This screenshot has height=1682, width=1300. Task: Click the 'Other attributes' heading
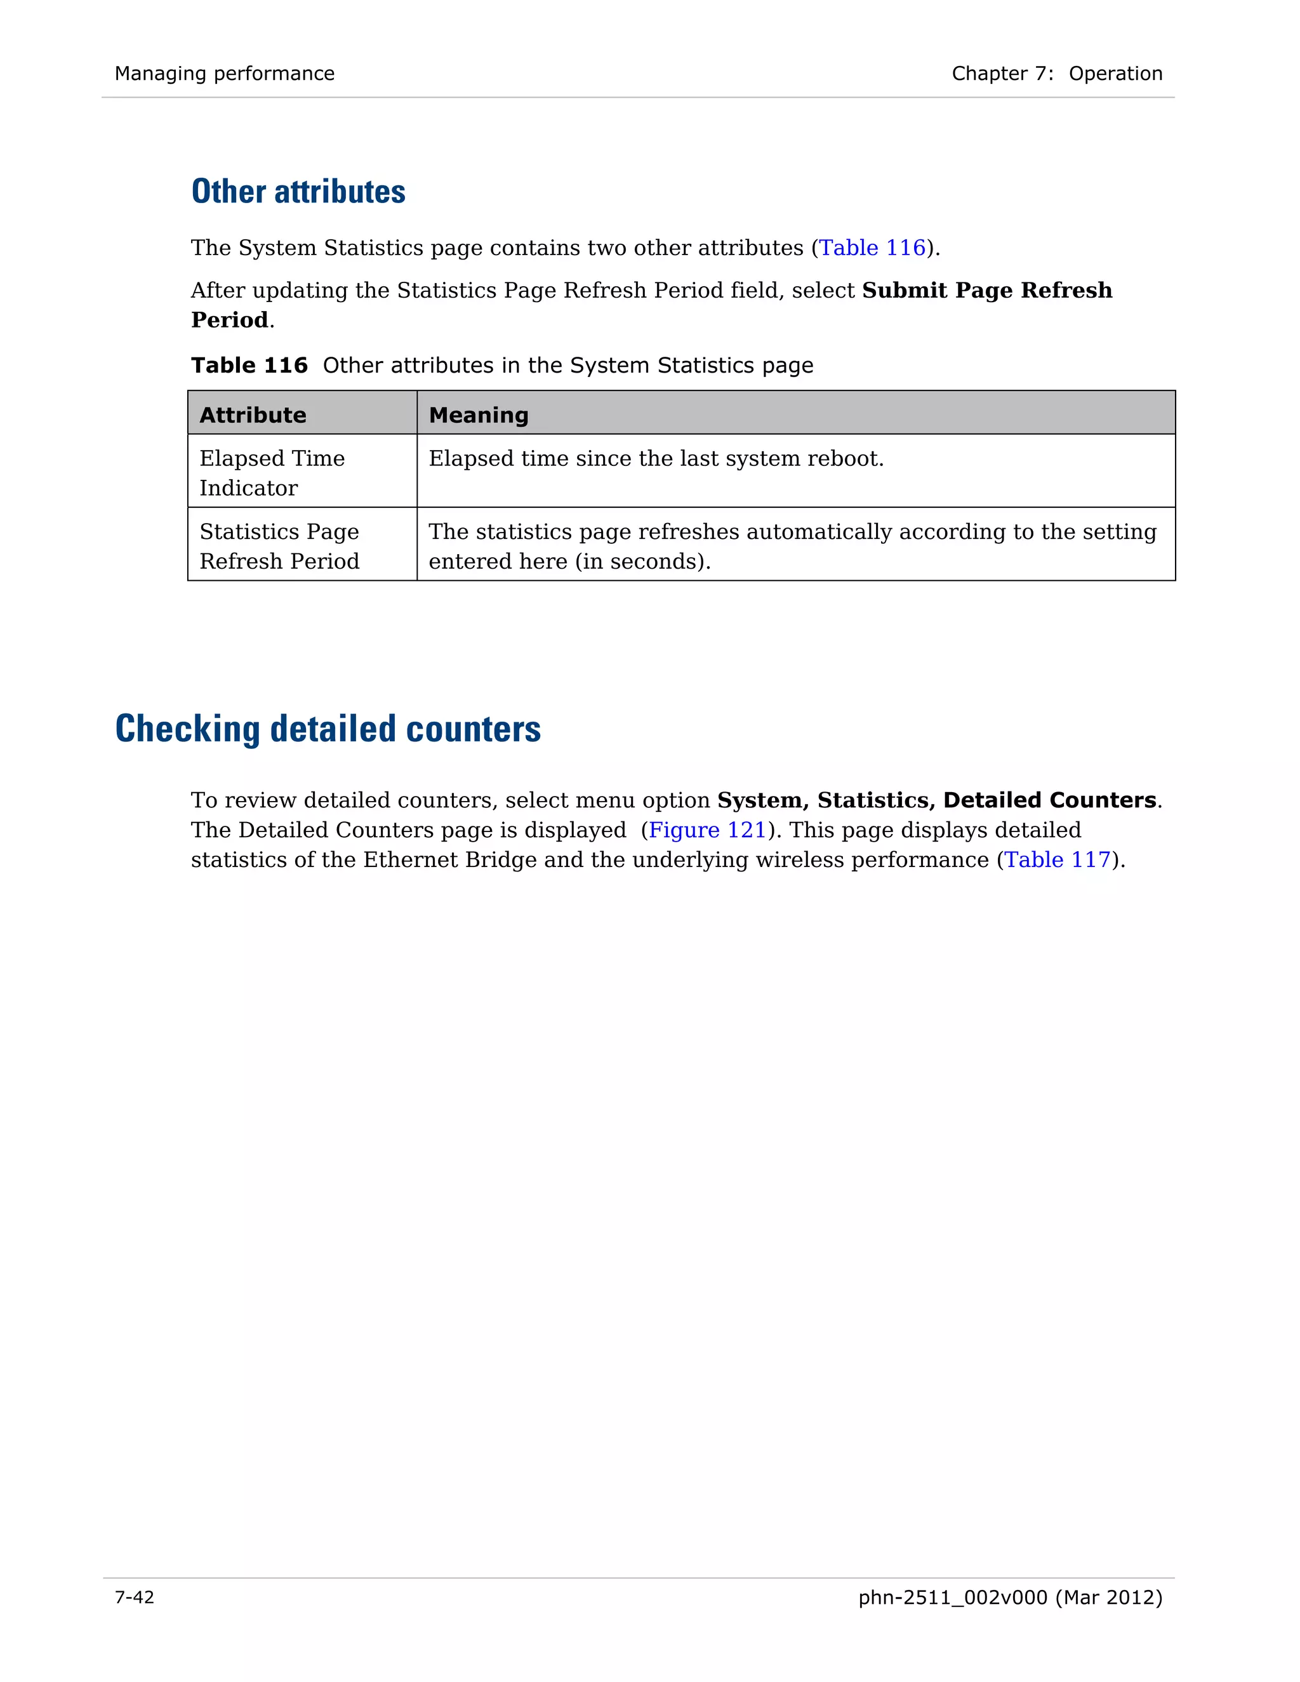click(298, 192)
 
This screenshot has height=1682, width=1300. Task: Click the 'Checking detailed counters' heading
click(328, 729)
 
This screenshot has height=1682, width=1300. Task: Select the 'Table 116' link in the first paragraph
click(872, 248)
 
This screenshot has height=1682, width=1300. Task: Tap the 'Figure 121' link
click(707, 830)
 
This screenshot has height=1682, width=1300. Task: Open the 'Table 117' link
click(1058, 859)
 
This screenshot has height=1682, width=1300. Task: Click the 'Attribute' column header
click(253, 415)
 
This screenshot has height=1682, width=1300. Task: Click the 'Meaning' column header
click(478, 415)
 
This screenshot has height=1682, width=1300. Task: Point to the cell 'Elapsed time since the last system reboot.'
click(656, 459)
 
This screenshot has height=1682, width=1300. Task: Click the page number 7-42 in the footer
click(135, 1598)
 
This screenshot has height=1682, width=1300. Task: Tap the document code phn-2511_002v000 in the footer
click(953, 1598)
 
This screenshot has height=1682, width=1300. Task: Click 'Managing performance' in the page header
click(225, 74)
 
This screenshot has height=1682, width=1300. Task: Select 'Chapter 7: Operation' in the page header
click(1057, 74)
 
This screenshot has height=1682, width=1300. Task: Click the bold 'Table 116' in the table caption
click(249, 365)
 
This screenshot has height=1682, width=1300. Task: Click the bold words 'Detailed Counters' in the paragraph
click(1049, 800)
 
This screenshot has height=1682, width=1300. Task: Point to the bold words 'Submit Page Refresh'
click(986, 290)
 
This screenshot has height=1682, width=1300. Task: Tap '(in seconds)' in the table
click(642, 562)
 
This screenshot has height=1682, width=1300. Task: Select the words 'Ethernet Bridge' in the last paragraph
click(450, 859)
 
